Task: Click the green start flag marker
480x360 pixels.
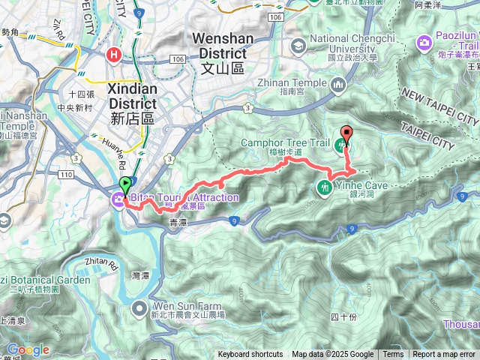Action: (125, 184)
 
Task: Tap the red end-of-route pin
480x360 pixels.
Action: (346, 133)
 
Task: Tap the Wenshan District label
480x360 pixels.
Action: (219, 54)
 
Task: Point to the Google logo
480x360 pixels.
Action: (28, 349)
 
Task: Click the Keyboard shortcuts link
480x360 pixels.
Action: (250, 355)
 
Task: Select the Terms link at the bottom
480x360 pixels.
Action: (393, 355)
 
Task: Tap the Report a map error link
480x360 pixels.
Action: (445, 355)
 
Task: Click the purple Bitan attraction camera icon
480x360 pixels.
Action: (118, 199)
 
